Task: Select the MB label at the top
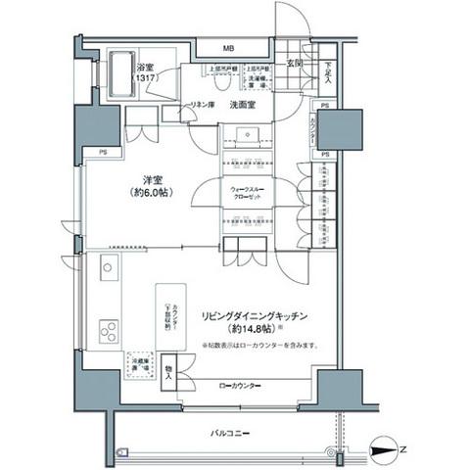tap(227, 48)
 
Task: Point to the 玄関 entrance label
tap(294, 65)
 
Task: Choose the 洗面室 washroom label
tap(244, 103)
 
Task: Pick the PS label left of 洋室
tap(102, 152)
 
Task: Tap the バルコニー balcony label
tap(231, 431)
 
